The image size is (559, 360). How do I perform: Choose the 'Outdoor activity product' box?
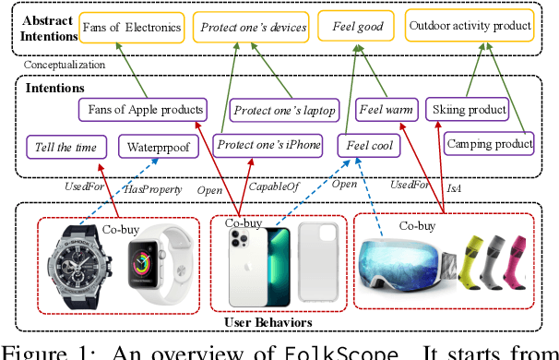pos(470,26)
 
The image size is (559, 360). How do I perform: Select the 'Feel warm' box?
pos(386,110)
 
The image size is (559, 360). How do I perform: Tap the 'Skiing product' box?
pos(470,110)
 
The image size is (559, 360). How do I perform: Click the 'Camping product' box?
pos(489,143)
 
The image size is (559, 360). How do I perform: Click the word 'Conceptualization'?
pos(64,66)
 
